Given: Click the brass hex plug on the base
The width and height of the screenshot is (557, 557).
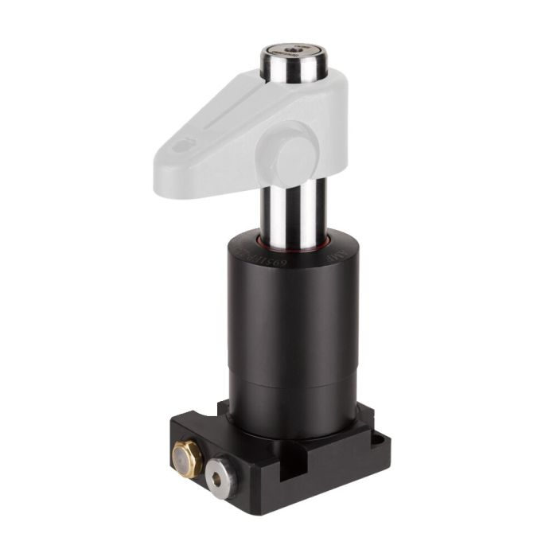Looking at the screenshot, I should pyautogui.click(x=187, y=458).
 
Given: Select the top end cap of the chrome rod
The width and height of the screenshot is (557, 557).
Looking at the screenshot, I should pyautogui.click(x=292, y=53).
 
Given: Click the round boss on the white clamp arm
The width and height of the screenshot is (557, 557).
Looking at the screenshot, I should pyautogui.click(x=294, y=151).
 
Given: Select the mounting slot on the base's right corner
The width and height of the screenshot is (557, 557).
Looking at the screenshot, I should pyautogui.click(x=374, y=434).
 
